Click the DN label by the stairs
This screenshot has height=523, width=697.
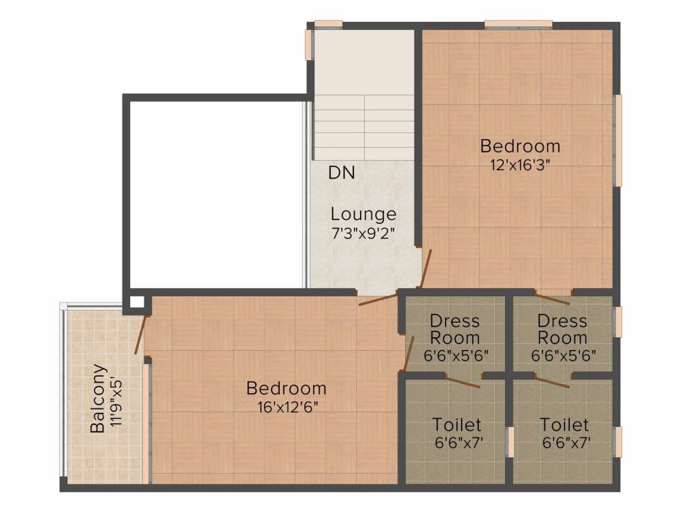pyautogui.click(x=342, y=173)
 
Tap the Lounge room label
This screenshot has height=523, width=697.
pyautogui.click(x=363, y=215)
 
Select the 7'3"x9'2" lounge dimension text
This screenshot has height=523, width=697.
pyautogui.click(x=363, y=232)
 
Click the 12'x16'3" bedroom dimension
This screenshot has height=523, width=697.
pyautogui.click(x=520, y=164)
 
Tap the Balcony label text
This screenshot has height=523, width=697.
pyautogui.click(x=99, y=399)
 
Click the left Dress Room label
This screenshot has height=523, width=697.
pyautogui.click(x=455, y=329)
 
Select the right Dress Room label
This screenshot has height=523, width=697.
pyautogui.click(x=562, y=329)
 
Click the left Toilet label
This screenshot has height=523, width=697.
pyautogui.click(x=457, y=425)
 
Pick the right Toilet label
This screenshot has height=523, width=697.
pyautogui.click(x=564, y=425)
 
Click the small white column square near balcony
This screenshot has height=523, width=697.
pyautogui.click(x=137, y=302)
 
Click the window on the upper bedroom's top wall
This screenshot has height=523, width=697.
pyautogui.click(x=518, y=25)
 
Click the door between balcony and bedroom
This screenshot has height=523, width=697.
pyautogui.click(x=141, y=334)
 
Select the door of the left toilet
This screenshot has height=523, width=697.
pyautogui.click(x=460, y=381)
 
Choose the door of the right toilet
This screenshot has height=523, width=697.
pyautogui.click(x=551, y=381)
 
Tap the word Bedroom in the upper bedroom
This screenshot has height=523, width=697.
pyautogui.click(x=520, y=146)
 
